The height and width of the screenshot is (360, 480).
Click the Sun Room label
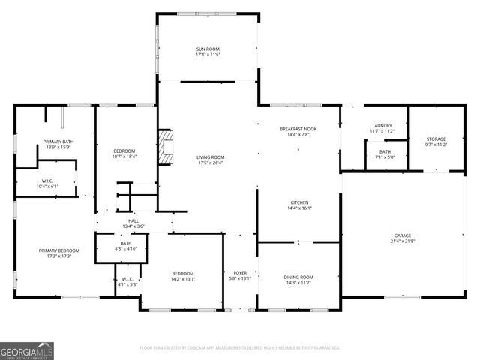tap(208, 49)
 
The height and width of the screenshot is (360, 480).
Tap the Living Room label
tap(210, 157)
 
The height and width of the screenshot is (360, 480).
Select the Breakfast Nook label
tap(298, 129)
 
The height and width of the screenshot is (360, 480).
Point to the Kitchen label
tap(299, 202)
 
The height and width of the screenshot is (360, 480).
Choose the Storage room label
tap(436, 139)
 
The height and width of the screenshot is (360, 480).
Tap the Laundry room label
tap(382, 126)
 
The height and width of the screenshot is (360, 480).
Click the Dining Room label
tap(298, 277)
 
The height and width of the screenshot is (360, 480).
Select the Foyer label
tap(240, 273)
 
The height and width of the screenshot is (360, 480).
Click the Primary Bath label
tap(58, 142)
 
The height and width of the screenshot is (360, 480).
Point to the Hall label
tap(133, 220)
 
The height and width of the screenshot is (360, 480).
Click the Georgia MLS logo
tap(27, 349)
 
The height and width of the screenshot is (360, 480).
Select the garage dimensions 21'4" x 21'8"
tap(403, 241)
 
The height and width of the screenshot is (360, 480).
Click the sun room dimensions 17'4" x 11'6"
tap(208, 55)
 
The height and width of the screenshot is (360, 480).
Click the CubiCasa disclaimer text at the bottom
tap(240, 348)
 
